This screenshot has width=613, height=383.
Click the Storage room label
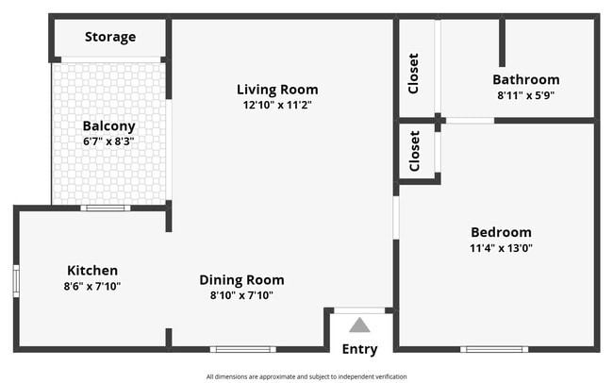110,38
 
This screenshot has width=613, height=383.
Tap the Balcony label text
108,125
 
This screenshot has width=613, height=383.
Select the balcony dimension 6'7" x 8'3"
108,142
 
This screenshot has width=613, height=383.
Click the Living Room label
276,90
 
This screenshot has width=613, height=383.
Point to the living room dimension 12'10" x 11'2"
276,106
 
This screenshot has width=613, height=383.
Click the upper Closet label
414,73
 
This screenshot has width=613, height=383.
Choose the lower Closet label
414,151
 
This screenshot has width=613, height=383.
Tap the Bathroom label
525,80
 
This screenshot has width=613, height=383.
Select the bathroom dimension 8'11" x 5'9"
525,95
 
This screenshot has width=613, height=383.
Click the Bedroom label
501,232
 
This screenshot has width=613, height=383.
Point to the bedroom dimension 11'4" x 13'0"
501,248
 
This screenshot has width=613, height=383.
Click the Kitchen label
91,271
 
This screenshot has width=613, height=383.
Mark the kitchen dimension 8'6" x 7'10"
91,287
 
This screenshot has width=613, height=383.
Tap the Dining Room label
241,280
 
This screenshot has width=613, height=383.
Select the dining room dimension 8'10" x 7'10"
241,295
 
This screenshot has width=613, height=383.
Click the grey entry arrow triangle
359,325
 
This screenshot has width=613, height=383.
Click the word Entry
359,349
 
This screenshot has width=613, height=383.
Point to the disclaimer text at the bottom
306,376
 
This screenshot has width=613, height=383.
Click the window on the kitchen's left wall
16,280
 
